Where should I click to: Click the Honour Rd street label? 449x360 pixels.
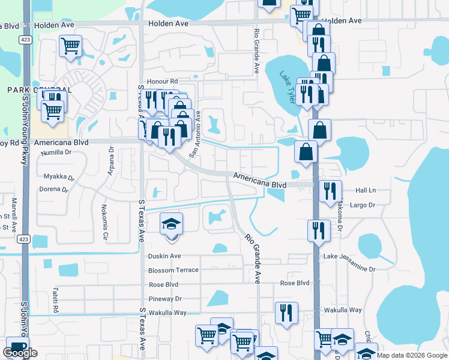(x=165, y=81)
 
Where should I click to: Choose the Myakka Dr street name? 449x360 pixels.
(x=59, y=177)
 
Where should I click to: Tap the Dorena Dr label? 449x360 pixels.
(x=53, y=189)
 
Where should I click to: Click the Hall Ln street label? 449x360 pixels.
(x=365, y=190)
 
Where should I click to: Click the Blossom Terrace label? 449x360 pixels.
(x=173, y=270)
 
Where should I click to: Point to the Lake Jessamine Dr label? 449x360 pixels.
(x=349, y=256)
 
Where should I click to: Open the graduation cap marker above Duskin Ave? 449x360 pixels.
(x=172, y=225)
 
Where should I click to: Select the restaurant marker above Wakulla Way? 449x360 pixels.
(x=286, y=313)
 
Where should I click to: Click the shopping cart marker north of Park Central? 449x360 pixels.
(x=71, y=46)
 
